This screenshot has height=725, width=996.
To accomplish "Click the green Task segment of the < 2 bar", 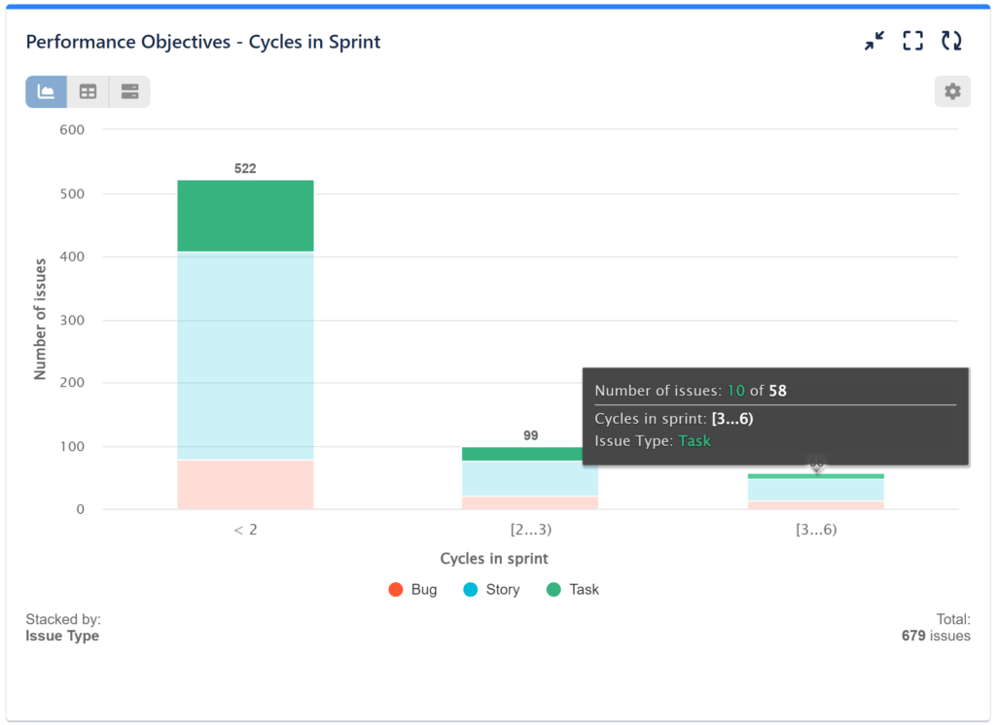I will (x=245, y=216).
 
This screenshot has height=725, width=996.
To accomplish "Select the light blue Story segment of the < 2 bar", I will (x=245, y=330).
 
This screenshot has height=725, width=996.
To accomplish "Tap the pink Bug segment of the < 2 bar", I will (x=245, y=484).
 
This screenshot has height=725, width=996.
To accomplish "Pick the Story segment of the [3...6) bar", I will (x=816, y=490).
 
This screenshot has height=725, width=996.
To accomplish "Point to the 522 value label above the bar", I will (x=245, y=168).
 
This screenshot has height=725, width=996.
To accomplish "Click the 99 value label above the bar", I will (x=530, y=435).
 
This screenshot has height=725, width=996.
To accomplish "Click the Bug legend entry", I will (x=412, y=589).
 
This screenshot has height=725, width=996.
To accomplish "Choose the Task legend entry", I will (x=573, y=589).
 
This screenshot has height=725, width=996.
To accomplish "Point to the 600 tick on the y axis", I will (x=73, y=130).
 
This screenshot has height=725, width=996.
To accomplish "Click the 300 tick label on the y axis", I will (x=73, y=320).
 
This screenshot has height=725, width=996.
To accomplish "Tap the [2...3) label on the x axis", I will (x=530, y=530).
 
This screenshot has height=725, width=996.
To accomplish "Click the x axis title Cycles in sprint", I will (x=494, y=559).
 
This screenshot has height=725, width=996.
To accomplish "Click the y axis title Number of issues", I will (x=41, y=320).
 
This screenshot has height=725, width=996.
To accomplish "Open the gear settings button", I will (x=952, y=91).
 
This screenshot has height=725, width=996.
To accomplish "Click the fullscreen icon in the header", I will (x=912, y=41).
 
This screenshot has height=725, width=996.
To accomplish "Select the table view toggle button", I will (x=89, y=91).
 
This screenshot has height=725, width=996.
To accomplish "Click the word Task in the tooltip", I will (x=694, y=440).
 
